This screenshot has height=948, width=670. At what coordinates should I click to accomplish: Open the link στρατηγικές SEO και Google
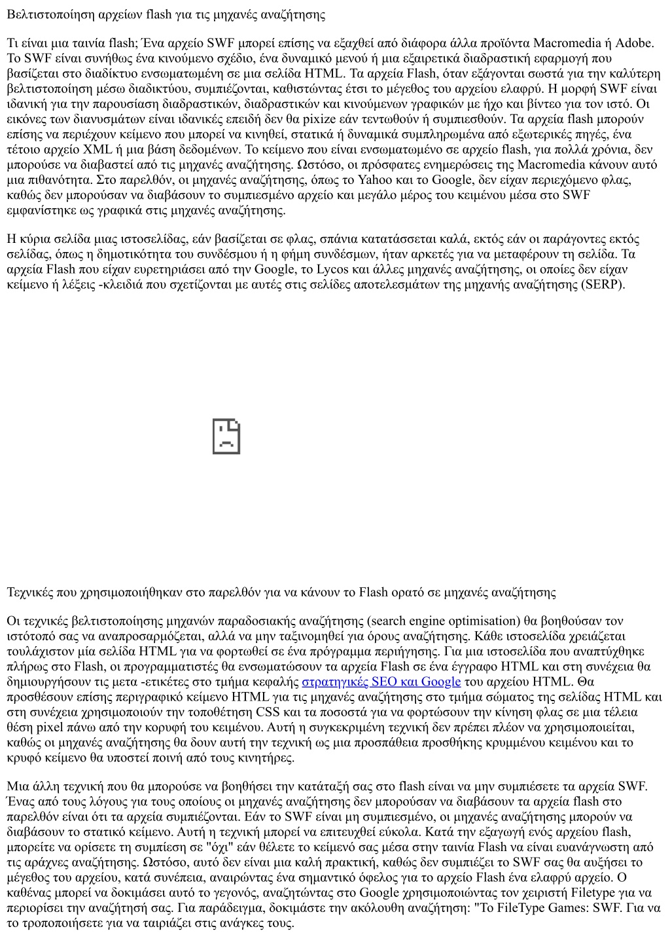(x=381, y=682)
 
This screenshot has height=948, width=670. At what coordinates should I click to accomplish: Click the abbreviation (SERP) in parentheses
(x=603, y=284)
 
